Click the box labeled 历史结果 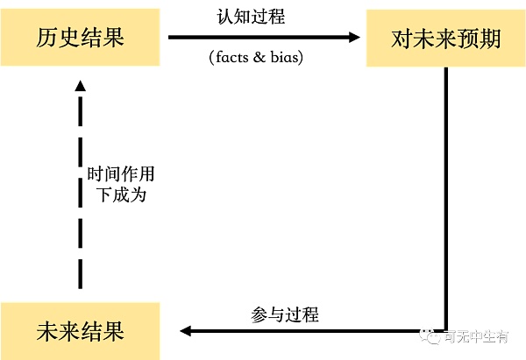point(80,38)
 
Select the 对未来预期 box point(445,39)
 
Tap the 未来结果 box point(80,331)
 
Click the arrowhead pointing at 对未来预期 point(354,37)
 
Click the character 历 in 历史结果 point(47,38)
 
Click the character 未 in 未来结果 point(47,331)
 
